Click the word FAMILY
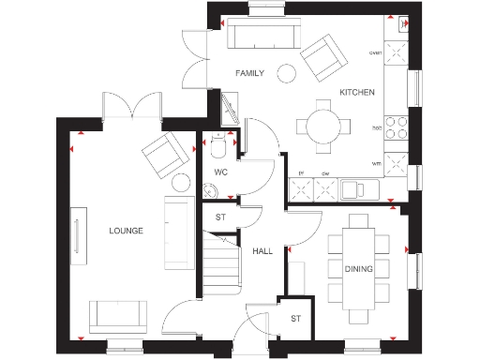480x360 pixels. click(249, 72)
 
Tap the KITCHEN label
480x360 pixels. click(357, 92)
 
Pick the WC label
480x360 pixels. click(221, 172)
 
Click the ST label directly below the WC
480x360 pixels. click(221, 217)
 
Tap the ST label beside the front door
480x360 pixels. click(294, 320)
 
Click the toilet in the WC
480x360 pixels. click(219, 147)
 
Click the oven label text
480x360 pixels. click(376, 53)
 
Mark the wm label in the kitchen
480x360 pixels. click(376, 161)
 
